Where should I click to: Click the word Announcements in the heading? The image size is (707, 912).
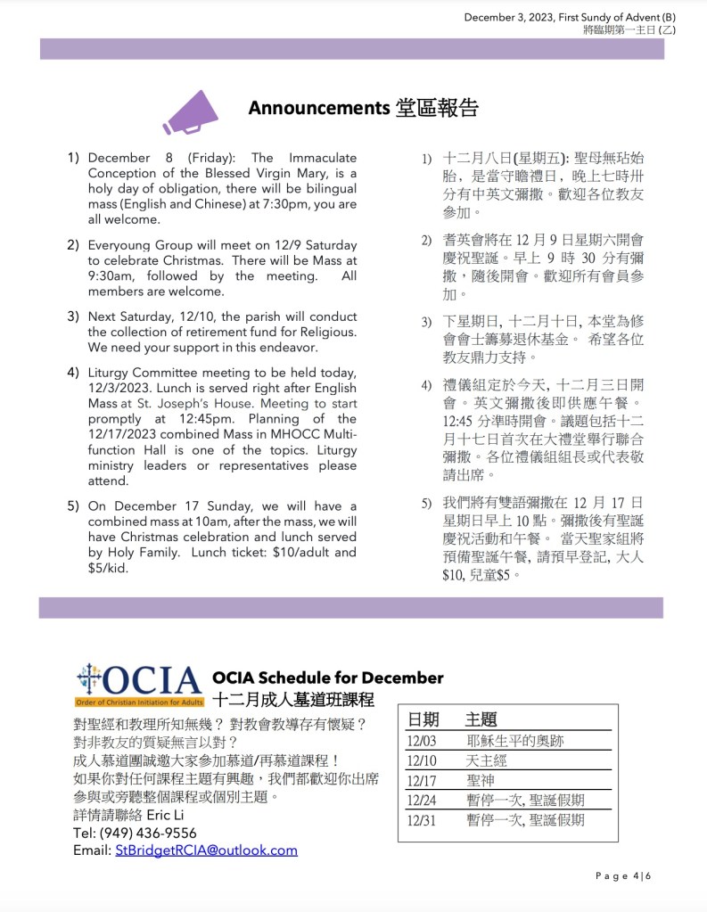coord(318,108)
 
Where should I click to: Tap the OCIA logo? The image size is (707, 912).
coord(139,685)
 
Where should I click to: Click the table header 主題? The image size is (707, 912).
coord(481,719)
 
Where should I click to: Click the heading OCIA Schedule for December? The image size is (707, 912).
coord(327,678)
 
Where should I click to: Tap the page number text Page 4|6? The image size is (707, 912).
coord(623,876)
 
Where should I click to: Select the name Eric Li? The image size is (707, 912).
coord(166,816)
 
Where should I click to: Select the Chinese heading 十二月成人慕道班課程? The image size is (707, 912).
coord(293,699)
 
